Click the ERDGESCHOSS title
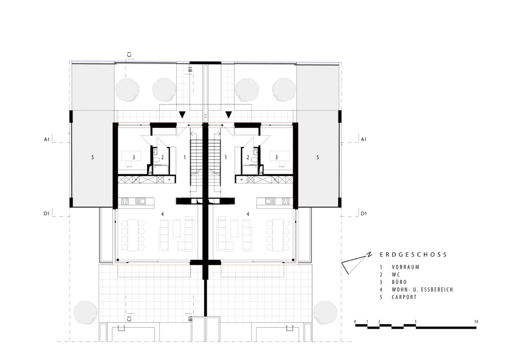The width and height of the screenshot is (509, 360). click(x=413, y=255)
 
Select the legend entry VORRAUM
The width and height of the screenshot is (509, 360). click(x=406, y=267)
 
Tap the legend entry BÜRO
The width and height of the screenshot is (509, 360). click(x=399, y=282)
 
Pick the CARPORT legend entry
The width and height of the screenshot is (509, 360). click(x=404, y=297)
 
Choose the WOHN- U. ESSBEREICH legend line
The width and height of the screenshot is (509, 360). click(x=423, y=289)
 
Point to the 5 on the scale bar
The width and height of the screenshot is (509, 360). click(x=416, y=322)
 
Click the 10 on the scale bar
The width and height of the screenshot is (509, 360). click(x=476, y=322)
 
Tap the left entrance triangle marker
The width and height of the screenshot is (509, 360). click(x=182, y=114)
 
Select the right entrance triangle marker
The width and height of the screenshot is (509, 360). click(x=229, y=114)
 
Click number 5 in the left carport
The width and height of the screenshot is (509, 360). click(x=92, y=158)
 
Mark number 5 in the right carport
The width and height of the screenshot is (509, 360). click(x=318, y=158)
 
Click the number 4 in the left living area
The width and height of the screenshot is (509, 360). click(x=163, y=214)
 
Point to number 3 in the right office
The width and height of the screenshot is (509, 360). click(x=276, y=158)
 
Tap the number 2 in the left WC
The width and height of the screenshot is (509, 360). click(x=163, y=158)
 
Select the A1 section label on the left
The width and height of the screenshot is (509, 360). click(x=47, y=140)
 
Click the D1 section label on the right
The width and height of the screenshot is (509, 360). click(x=363, y=214)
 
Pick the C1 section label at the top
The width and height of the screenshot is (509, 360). click(x=129, y=54)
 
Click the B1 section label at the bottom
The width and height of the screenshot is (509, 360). click(x=190, y=319)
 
